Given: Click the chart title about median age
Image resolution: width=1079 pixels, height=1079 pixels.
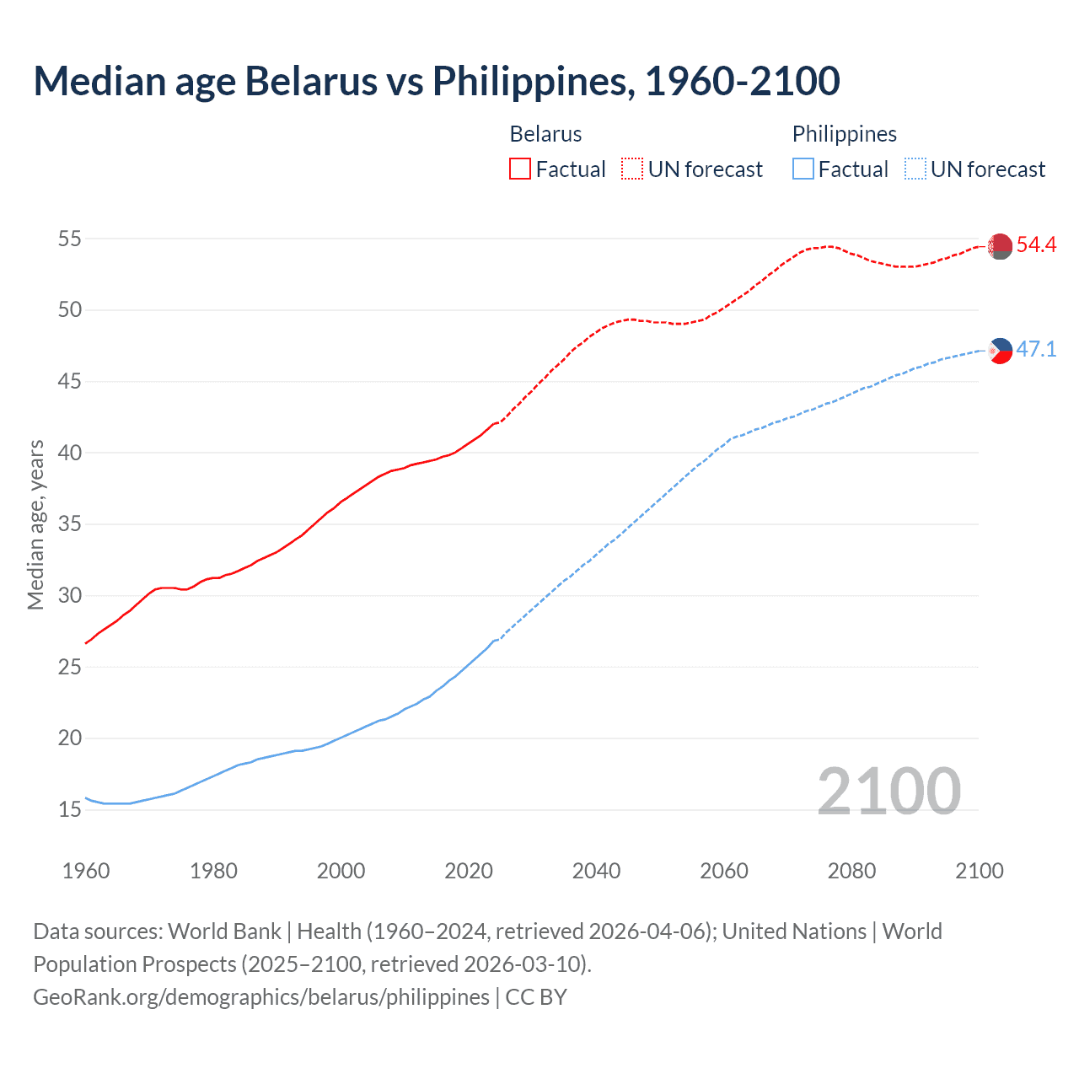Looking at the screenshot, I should click(x=437, y=81).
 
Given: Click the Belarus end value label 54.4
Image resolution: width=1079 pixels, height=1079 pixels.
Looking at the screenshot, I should click(x=1036, y=245).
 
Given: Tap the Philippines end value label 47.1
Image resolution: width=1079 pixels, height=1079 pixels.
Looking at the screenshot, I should click(x=1036, y=349).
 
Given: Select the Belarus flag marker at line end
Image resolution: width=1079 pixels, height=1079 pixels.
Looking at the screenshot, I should click(x=1000, y=246).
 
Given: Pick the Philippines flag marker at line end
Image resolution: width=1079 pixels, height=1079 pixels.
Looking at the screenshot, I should click(x=1000, y=350).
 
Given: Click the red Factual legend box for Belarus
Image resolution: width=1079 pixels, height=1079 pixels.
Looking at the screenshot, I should click(x=520, y=169).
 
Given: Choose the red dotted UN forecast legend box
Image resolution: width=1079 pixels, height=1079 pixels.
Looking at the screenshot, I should click(x=632, y=169).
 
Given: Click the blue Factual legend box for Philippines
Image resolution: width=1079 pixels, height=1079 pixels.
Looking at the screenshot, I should click(x=803, y=169).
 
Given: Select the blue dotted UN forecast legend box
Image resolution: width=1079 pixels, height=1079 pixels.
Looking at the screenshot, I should click(x=915, y=169).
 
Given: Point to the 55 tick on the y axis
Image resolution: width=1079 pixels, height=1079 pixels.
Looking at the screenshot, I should click(x=70, y=239).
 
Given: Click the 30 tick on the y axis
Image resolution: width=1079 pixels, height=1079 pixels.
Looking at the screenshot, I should click(x=70, y=595).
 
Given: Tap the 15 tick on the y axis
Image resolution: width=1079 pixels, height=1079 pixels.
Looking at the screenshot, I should click(x=70, y=809).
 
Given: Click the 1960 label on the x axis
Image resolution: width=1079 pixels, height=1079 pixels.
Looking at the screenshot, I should click(x=86, y=871).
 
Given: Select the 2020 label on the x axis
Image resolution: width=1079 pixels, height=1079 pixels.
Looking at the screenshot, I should click(x=469, y=871).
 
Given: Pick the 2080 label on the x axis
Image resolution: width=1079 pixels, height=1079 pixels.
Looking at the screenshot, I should click(x=851, y=871).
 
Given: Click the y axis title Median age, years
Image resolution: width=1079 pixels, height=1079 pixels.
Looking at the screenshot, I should click(x=35, y=524).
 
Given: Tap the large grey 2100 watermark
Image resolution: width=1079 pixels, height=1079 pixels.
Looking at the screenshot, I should click(x=888, y=791).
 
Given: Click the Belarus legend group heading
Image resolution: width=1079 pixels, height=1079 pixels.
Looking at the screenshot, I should click(x=545, y=134).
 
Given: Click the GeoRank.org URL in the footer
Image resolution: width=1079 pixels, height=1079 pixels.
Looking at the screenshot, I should click(x=261, y=996).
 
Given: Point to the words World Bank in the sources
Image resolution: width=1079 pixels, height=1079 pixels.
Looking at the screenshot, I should click(x=224, y=931).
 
